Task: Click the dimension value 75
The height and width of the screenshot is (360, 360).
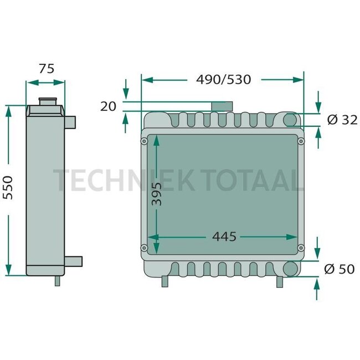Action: click(47, 69)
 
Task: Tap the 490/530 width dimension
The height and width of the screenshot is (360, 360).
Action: click(224, 80)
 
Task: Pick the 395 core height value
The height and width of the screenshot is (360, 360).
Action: click(157, 193)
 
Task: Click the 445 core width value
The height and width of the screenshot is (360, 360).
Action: click(224, 237)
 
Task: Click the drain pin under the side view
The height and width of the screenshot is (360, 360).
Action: click(56, 281)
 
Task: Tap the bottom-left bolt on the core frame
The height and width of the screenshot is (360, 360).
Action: click(144, 248)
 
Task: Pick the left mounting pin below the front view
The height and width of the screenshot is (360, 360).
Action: click(164, 281)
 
